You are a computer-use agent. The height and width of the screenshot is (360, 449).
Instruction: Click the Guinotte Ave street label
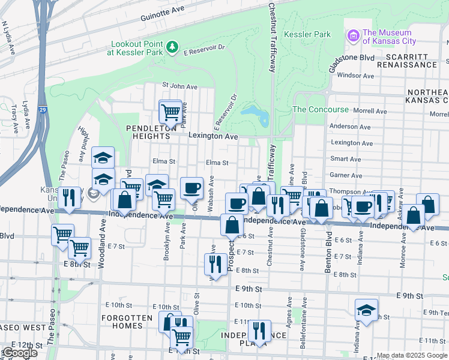pyautogui.click(x=163, y=19)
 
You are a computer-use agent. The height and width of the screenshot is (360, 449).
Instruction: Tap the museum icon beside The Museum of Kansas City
pyautogui.click(x=354, y=37)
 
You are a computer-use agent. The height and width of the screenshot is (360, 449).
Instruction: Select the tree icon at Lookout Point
pyautogui.click(x=172, y=46)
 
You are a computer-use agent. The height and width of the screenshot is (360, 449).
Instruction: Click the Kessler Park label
pyautogui.click(x=307, y=35)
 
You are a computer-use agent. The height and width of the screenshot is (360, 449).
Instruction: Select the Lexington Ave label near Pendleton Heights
pyautogui.click(x=213, y=136)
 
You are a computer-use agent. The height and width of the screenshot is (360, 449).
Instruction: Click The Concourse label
pyautogui.click(x=320, y=110)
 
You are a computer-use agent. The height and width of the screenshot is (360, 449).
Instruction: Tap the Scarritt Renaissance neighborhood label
pyautogui.click(x=407, y=65)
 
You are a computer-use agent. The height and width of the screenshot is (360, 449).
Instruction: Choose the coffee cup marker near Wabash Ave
pyautogui.click(x=191, y=188)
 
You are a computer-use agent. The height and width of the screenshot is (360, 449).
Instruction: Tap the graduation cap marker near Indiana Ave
pyautogui.click(x=366, y=310)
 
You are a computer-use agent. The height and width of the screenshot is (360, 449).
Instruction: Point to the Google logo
pyautogui.click(x=19, y=353)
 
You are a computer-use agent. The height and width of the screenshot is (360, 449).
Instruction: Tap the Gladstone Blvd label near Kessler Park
pyautogui.click(x=349, y=57)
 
